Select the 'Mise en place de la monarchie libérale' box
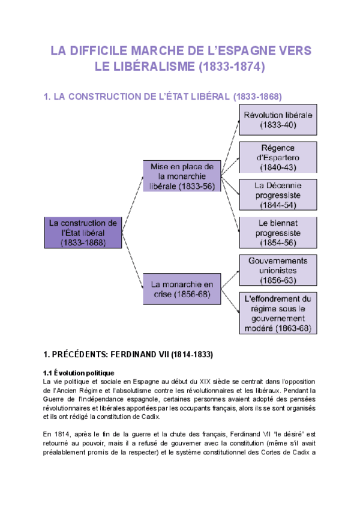tap(182, 176)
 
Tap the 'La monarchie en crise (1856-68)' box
tap(182, 288)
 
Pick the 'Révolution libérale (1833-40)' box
tap(278, 120)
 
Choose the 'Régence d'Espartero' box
tap(278, 157)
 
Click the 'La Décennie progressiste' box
tap(278, 195)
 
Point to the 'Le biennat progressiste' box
tap(278, 233)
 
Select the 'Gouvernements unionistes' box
tap(278, 270)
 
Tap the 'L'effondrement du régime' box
tap(278, 313)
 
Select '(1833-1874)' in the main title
tap(231, 67)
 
